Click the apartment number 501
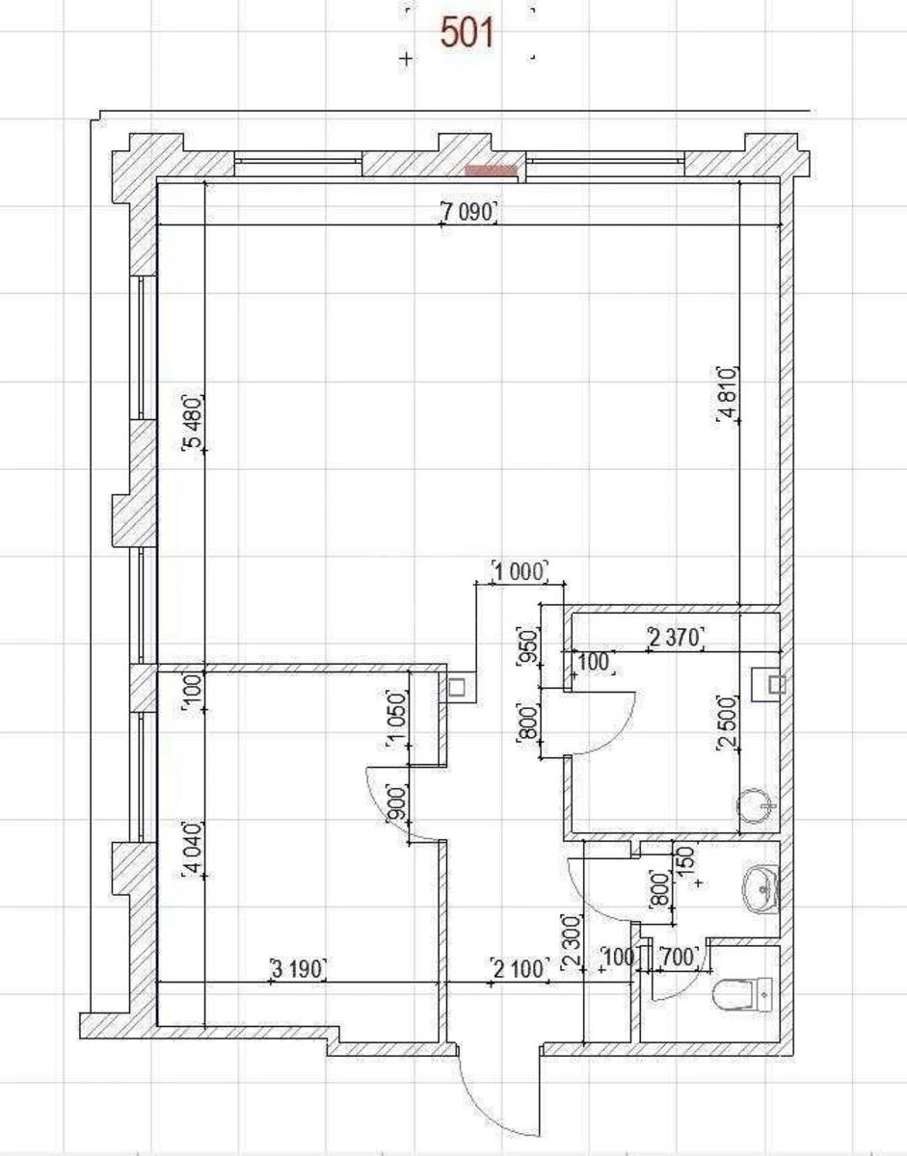pyautogui.click(x=467, y=33)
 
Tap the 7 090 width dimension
pyautogui.click(x=469, y=212)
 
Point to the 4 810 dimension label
pyautogui.click(x=728, y=393)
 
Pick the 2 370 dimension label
pyautogui.click(x=676, y=637)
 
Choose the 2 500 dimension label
pyautogui.click(x=728, y=722)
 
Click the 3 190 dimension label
pyautogui.click(x=298, y=968)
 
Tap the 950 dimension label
pyautogui.click(x=528, y=646)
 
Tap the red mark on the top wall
pyautogui.click(x=492, y=170)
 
